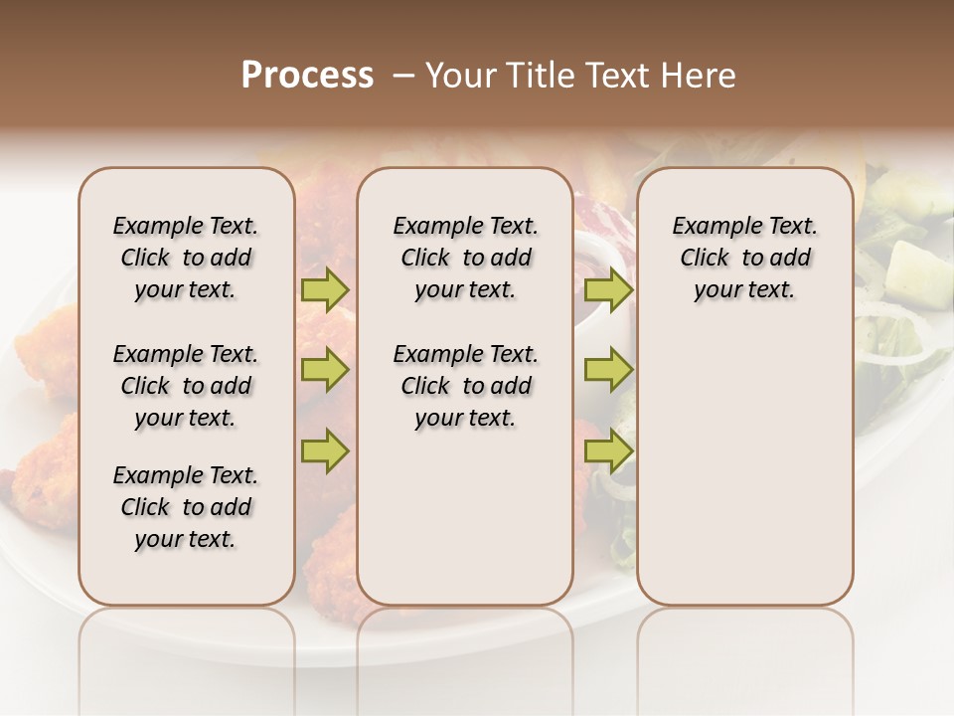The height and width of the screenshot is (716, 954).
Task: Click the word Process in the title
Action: pyautogui.click(x=307, y=76)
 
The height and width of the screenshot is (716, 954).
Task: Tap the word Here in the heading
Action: pyautogui.click(x=701, y=76)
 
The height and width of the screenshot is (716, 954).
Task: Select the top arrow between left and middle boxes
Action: pyautogui.click(x=325, y=290)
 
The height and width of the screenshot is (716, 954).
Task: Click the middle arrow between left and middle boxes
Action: pyautogui.click(x=325, y=370)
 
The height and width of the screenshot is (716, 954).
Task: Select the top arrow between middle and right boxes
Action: pyautogui.click(x=608, y=290)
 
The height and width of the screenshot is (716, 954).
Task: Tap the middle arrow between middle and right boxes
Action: pyautogui.click(x=608, y=370)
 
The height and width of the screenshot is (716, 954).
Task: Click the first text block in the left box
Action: pyautogui.click(x=186, y=258)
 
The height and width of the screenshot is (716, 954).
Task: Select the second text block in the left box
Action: pyautogui.click(x=186, y=386)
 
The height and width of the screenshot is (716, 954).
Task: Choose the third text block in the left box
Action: pyautogui.click(x=186, y=507)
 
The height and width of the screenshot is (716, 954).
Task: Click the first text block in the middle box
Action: pyautogui.click(x=466, y=258)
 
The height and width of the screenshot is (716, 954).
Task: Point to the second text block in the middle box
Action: pyautogui.click(x=466, y=386)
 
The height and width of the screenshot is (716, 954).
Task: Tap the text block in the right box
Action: pyautogui.click(x=745, y=258)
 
